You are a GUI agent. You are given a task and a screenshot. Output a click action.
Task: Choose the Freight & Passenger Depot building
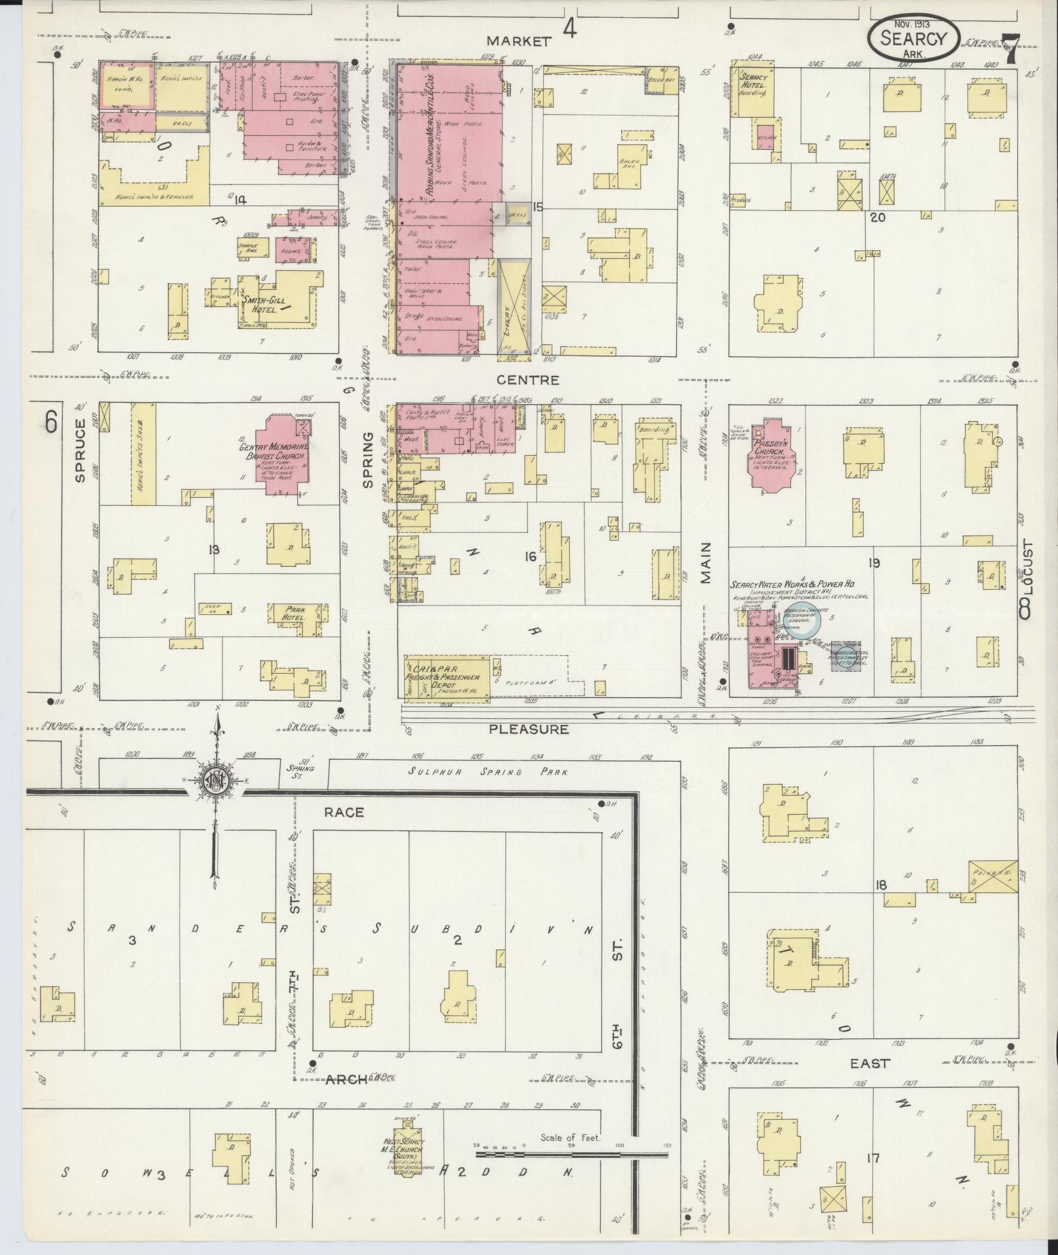[447, 676]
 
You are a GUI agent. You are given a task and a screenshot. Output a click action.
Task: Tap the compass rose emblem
[214, 781]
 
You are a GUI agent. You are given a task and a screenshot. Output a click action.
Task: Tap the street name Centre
[537, 380]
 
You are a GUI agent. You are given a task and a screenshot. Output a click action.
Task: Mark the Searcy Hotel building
[754, 92]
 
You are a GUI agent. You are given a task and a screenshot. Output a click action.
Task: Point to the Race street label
[344, 813]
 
